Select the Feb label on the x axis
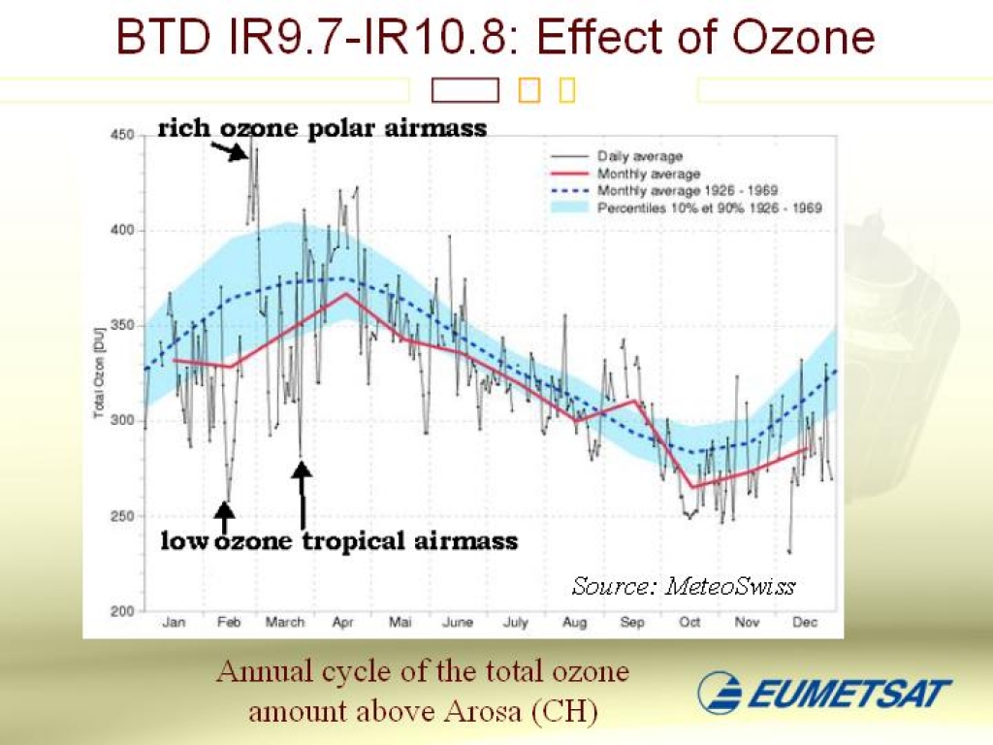229,623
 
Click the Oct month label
689,623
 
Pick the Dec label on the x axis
804,623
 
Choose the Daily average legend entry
640,156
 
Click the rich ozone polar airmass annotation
322,128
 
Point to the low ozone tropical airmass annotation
338,540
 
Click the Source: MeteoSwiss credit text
684,586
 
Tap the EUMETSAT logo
824,693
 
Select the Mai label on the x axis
400,623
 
